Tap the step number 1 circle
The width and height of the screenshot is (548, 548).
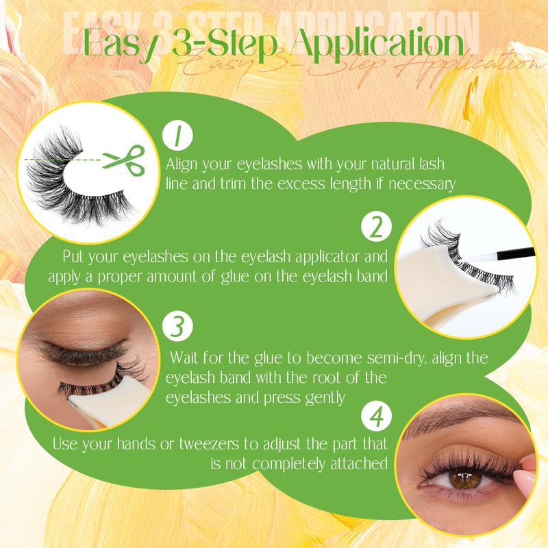pos(177,136)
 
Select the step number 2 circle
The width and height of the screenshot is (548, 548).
pos(376,227)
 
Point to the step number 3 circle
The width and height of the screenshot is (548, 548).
pos(177,326)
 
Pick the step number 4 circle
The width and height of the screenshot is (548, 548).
pos(376,416)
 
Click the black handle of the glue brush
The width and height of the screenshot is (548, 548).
pos(516,253)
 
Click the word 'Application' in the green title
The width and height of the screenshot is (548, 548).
pos(377,45)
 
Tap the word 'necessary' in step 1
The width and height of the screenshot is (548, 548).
pos(422,184)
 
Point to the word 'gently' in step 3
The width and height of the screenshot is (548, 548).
pos(325,398)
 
